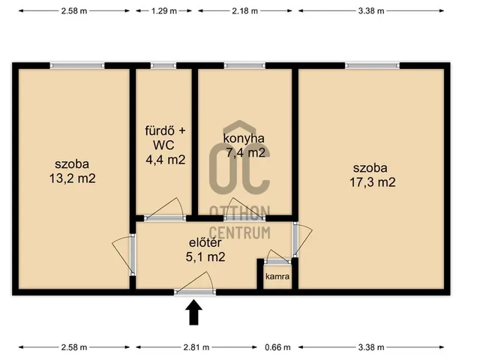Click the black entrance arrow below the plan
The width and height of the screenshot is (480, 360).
[x=193, y=312]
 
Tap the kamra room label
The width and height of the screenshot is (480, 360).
[x=277, y=277]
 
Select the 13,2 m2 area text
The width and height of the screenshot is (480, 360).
[x=73, y=178]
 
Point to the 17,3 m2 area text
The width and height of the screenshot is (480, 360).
[x=373, y=182]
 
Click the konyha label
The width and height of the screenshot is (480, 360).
[x=244, y=138]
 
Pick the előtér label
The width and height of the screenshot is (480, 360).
[x=205, y=242]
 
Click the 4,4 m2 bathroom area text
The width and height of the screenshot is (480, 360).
[x=166, y=160]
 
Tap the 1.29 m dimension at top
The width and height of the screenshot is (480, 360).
[x=164, y=11]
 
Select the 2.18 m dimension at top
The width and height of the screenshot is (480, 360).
[x=245, y=11]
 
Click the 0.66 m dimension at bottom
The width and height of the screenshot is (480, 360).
[x=277, y=347]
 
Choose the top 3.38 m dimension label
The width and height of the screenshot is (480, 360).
[x=371, y=11]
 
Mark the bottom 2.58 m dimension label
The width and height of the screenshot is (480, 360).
[x=74, y=347]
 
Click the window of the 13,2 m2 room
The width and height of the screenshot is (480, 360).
[x=77, y=65]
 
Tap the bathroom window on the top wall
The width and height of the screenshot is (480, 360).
[x=163, y=65]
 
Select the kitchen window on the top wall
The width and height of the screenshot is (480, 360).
[x=244, y=65]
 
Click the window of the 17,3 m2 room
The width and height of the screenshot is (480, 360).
[x=372, y=65]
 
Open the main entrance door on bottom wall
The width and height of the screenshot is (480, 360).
[x=195, y=292]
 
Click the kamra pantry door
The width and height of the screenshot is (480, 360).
[x=277, y=262]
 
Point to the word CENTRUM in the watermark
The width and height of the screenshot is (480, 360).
[x=240, y=232]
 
